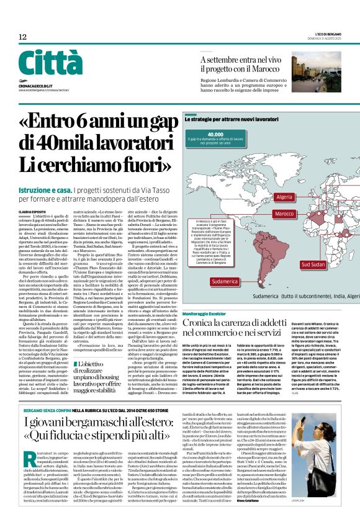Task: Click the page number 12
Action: click(22, 37)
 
